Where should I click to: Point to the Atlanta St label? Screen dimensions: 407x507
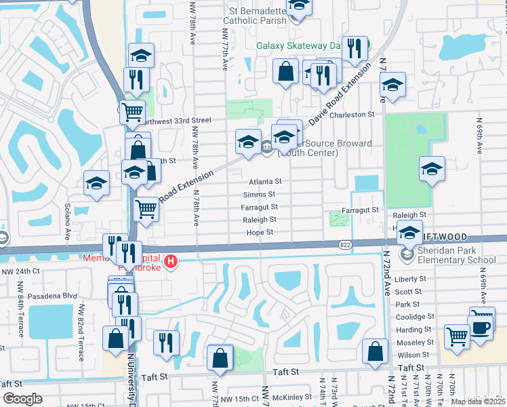click(264, 181)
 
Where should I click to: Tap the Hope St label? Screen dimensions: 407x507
click(260, 232)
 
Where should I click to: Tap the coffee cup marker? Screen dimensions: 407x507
click(482, 327)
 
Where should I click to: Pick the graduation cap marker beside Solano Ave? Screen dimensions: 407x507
click(96, 182)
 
